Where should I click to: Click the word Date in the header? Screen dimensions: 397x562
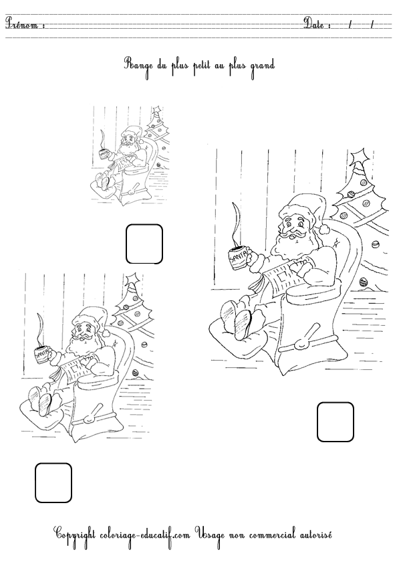314,23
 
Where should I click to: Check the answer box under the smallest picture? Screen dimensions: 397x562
144,244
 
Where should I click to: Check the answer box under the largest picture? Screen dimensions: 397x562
336,421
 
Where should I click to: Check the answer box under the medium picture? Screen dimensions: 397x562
53,483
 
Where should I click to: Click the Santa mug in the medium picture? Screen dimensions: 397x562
43,355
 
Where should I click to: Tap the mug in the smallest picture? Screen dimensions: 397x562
104,153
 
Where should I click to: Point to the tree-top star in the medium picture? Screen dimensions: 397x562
133,279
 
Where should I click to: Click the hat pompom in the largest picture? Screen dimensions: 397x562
324,229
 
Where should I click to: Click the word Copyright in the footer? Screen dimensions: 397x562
74,535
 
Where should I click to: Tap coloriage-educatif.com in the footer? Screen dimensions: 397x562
144,535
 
